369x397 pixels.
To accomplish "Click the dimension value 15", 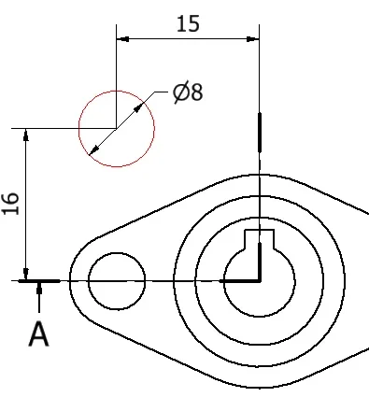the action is point(188,24).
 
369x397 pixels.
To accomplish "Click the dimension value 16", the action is point(11,204).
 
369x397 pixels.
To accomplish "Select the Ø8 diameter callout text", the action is point(188,92).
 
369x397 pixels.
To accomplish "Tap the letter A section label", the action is point(39,334).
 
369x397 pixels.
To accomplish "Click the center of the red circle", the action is point(117,129).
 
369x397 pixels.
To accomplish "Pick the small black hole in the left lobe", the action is point(117,281).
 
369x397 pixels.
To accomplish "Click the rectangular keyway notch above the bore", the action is point(259,239).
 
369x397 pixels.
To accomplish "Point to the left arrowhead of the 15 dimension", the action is point(122,39).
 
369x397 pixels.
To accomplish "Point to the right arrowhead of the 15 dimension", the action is point(252,39).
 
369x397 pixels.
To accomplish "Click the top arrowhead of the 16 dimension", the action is point(26,135).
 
